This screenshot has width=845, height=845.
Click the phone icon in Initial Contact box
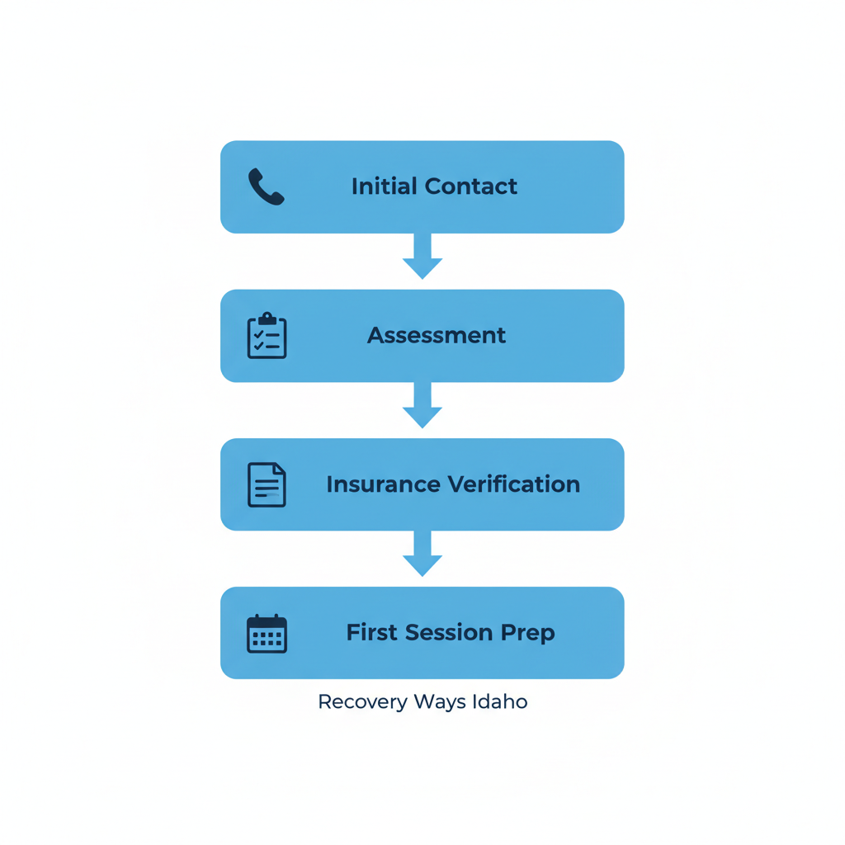pyautogui.click(x=266, y=186)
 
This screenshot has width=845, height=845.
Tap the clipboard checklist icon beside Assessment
pyautogui.click(x=267, y=336)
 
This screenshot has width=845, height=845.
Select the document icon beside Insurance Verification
pyautogui.click(x=267, y=484)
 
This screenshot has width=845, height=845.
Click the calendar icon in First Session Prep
pyautogui.click(x=267, y=634)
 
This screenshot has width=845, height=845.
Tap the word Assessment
pyautogui.click(x=437, y=335)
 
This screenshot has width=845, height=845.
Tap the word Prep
pyautogui.click(x=527, y=634)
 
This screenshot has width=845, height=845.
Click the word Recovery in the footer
pyautogui.click(x=362, y=702)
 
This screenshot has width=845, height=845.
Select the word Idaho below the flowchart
pyautogui.click(x=500, y=702)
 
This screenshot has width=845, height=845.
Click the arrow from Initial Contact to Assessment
pyautogui.click(x=422, y=257)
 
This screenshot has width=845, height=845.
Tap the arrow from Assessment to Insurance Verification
pyautogui.click(x=422, y=406)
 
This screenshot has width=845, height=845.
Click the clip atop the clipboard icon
pyautogui.click(x=267, y=319)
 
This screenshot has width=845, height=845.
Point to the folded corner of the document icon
pyautogui.click(x=279, y=470)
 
